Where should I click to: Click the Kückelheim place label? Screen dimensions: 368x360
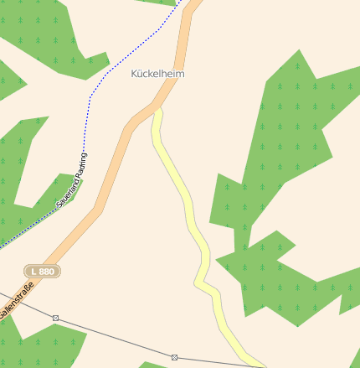[x=157, y=74]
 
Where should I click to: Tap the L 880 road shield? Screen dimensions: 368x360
[x=42, y=272]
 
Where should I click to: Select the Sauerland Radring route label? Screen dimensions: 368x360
[x=72, y=180]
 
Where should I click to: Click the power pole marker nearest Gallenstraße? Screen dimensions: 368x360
[x=55, y=318]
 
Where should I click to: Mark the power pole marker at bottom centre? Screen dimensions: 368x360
[x=174, y=357]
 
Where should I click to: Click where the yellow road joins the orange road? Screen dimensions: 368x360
[x=156, y=107]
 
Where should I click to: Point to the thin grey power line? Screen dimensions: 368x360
[x=117, y=339]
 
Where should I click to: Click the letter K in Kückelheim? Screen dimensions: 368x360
[x=135, y=74]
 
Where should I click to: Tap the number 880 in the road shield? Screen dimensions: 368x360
[x=47, y=272]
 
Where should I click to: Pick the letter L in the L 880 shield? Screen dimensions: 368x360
[x=33, y=272]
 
